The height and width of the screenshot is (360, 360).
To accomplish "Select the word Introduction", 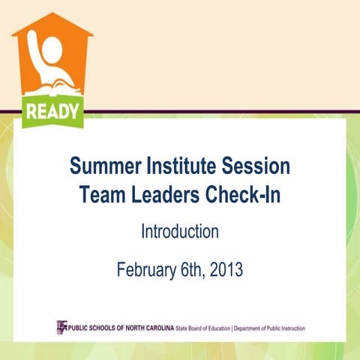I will point(180,232).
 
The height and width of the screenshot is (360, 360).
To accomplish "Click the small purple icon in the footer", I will point(61,326).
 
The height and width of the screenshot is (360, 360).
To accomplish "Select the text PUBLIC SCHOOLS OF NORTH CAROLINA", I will point(121,328).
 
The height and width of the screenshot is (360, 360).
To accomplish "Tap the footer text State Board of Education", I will point(202,328).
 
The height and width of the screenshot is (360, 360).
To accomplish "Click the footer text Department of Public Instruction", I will point(269,328).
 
